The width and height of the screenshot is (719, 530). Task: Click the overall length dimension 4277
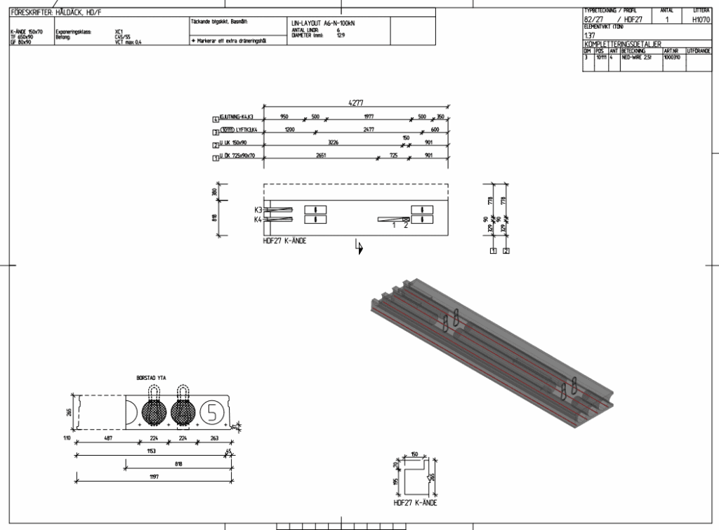[x=356, y=103]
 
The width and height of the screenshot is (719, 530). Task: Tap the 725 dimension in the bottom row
[x=393, y=156]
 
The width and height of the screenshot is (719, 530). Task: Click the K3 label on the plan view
[x=258, y=210]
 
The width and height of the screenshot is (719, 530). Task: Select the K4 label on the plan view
[x=258, y=219]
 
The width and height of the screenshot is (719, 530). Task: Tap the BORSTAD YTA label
[x=151, y=378]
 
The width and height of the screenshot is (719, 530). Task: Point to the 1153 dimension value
[x=151, y=451]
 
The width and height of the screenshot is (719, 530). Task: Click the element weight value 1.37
[x=589, y=35]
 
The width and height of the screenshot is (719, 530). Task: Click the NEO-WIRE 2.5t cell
[x=637, y=58]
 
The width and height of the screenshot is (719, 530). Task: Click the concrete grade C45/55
[x=124, y=37]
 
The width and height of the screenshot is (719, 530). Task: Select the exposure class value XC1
[x=119, y=32]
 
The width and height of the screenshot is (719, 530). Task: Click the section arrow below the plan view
[x=359, y=247]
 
